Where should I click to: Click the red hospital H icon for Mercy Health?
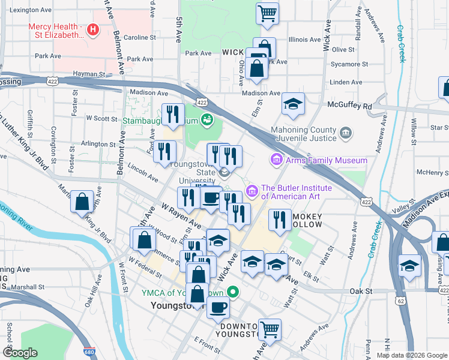[x=92, y=29]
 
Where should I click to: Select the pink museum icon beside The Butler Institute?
[x=252, y=191]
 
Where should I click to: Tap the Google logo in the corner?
[x=20, y=353]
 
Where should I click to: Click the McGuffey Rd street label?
[x=350, y=106]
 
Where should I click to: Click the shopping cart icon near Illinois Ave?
[x=267, y=13]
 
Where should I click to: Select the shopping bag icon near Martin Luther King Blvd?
[x=82, y=202]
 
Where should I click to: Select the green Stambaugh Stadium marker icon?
[x=207, y=119]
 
